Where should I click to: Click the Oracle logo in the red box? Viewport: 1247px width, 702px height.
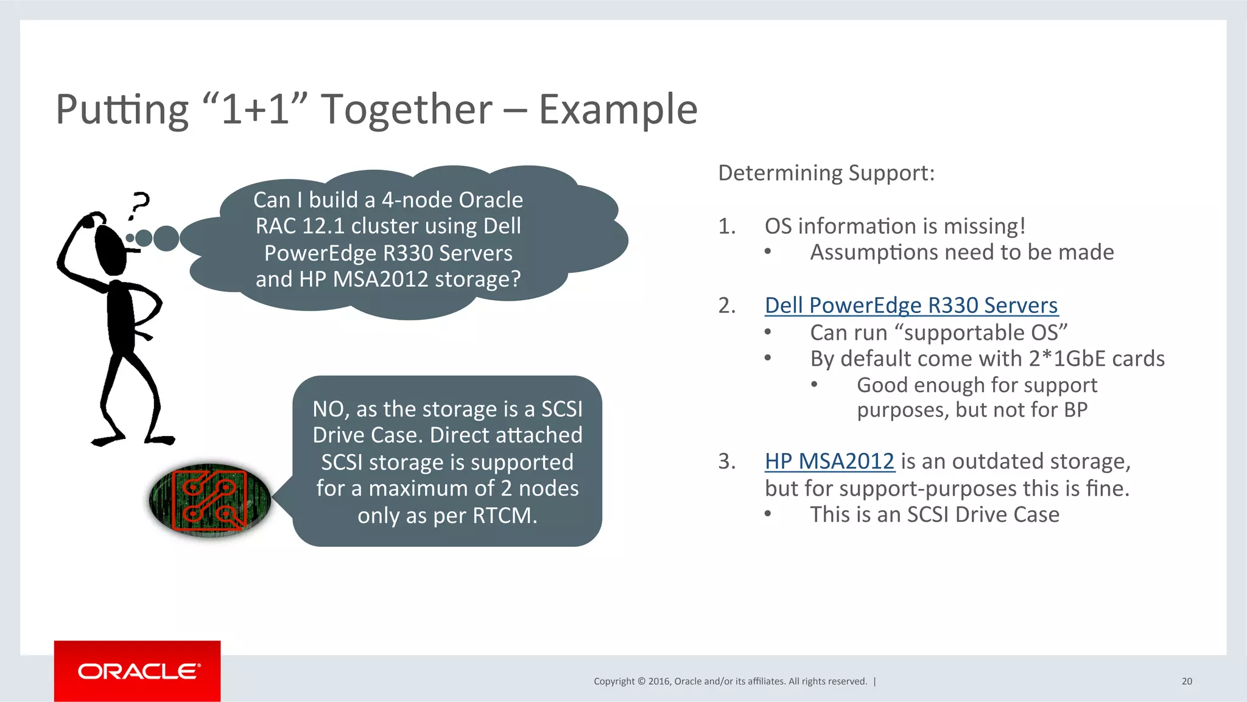[138, 671]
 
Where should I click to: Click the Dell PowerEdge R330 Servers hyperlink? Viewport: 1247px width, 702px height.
[911, 305]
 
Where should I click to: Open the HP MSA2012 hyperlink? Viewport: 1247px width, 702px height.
[829, 461]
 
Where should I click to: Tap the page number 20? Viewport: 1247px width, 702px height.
[1186, 681]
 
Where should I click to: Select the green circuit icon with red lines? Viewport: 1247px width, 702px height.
[209, 500]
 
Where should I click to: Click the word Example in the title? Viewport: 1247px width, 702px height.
[617, 110]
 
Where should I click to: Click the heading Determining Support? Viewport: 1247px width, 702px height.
[826, 173]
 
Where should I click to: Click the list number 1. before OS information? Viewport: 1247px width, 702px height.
[726, 226]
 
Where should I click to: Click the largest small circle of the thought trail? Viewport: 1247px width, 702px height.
[166, 238]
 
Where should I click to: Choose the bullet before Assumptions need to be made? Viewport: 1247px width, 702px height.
[768, 252]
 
